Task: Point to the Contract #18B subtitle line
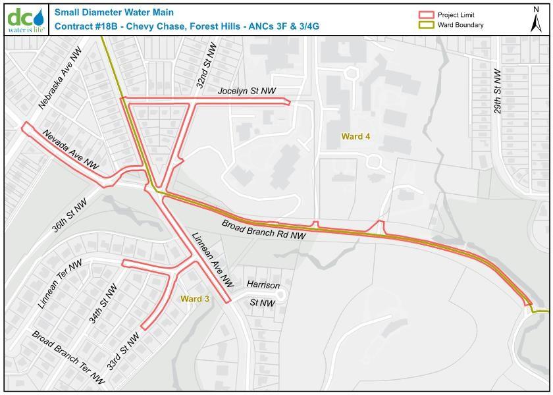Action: point(186,26)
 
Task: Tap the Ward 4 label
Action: point(355,136)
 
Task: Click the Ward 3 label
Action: point(195,299)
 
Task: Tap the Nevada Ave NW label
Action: point(71,150)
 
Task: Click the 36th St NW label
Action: point(70,217)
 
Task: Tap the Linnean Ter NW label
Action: point(60,284)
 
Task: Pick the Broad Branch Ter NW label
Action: point(68,357)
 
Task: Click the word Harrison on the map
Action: point(263,285)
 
